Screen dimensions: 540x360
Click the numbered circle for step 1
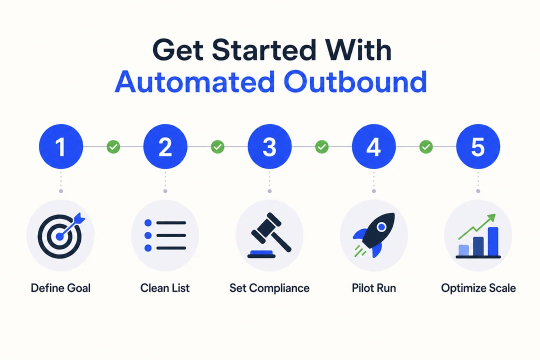click(x=61, y=146)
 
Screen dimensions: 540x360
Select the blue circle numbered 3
click(x=269, y=146)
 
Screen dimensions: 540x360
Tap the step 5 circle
click(x=478, y=146)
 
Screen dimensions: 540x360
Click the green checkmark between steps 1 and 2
click(x=113, y=147)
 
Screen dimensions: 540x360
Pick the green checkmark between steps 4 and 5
click(x=426, y=147)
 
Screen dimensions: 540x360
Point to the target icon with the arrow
click(x=60, y=235)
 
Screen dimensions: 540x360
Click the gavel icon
click(x=269, y=235)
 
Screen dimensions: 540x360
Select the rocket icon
click(x=373, y=235)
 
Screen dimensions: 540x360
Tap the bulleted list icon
click(x=165, y=235)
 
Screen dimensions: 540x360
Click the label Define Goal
click(x=60, y=288)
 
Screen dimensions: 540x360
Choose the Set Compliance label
click(x=269, y=288)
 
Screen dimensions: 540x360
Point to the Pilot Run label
click(x=373, y=288)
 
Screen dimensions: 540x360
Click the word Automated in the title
click(x=194, y=82)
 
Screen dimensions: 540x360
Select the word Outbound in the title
click(x=355, y=82)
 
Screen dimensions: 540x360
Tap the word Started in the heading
click(x=264, y=50)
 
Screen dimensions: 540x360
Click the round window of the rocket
click(x=381, y=227)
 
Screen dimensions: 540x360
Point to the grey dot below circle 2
click(x=165, y=191)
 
